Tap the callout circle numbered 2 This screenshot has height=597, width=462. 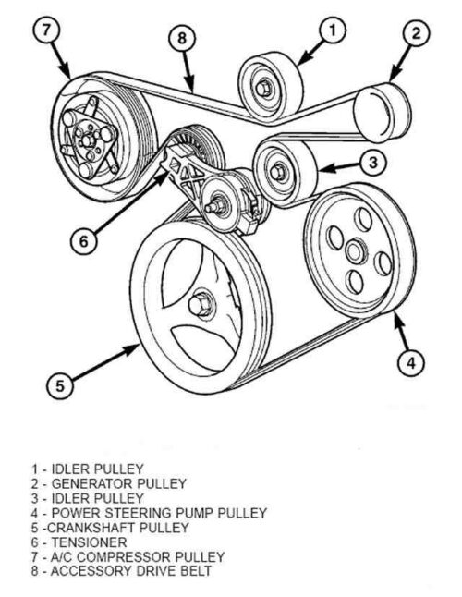pyautogui.click(x=416, y=35)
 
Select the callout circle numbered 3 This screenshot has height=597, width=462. pyautogui.click(x=370, y=164)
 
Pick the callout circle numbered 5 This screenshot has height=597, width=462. pyautogui.click(x=58, y=387)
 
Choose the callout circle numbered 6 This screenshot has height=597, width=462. pyautogui.click(x=82, y=239)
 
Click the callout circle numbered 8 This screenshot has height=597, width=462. pyautogui.click(x=182, y=38)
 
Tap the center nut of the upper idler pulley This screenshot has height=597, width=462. pyautogui.click(x=265, y=88)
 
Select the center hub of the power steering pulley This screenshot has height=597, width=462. pyautogui.click(x=354, y=250)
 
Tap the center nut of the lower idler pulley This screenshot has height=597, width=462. pyautogui.click(x=277, y=169)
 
